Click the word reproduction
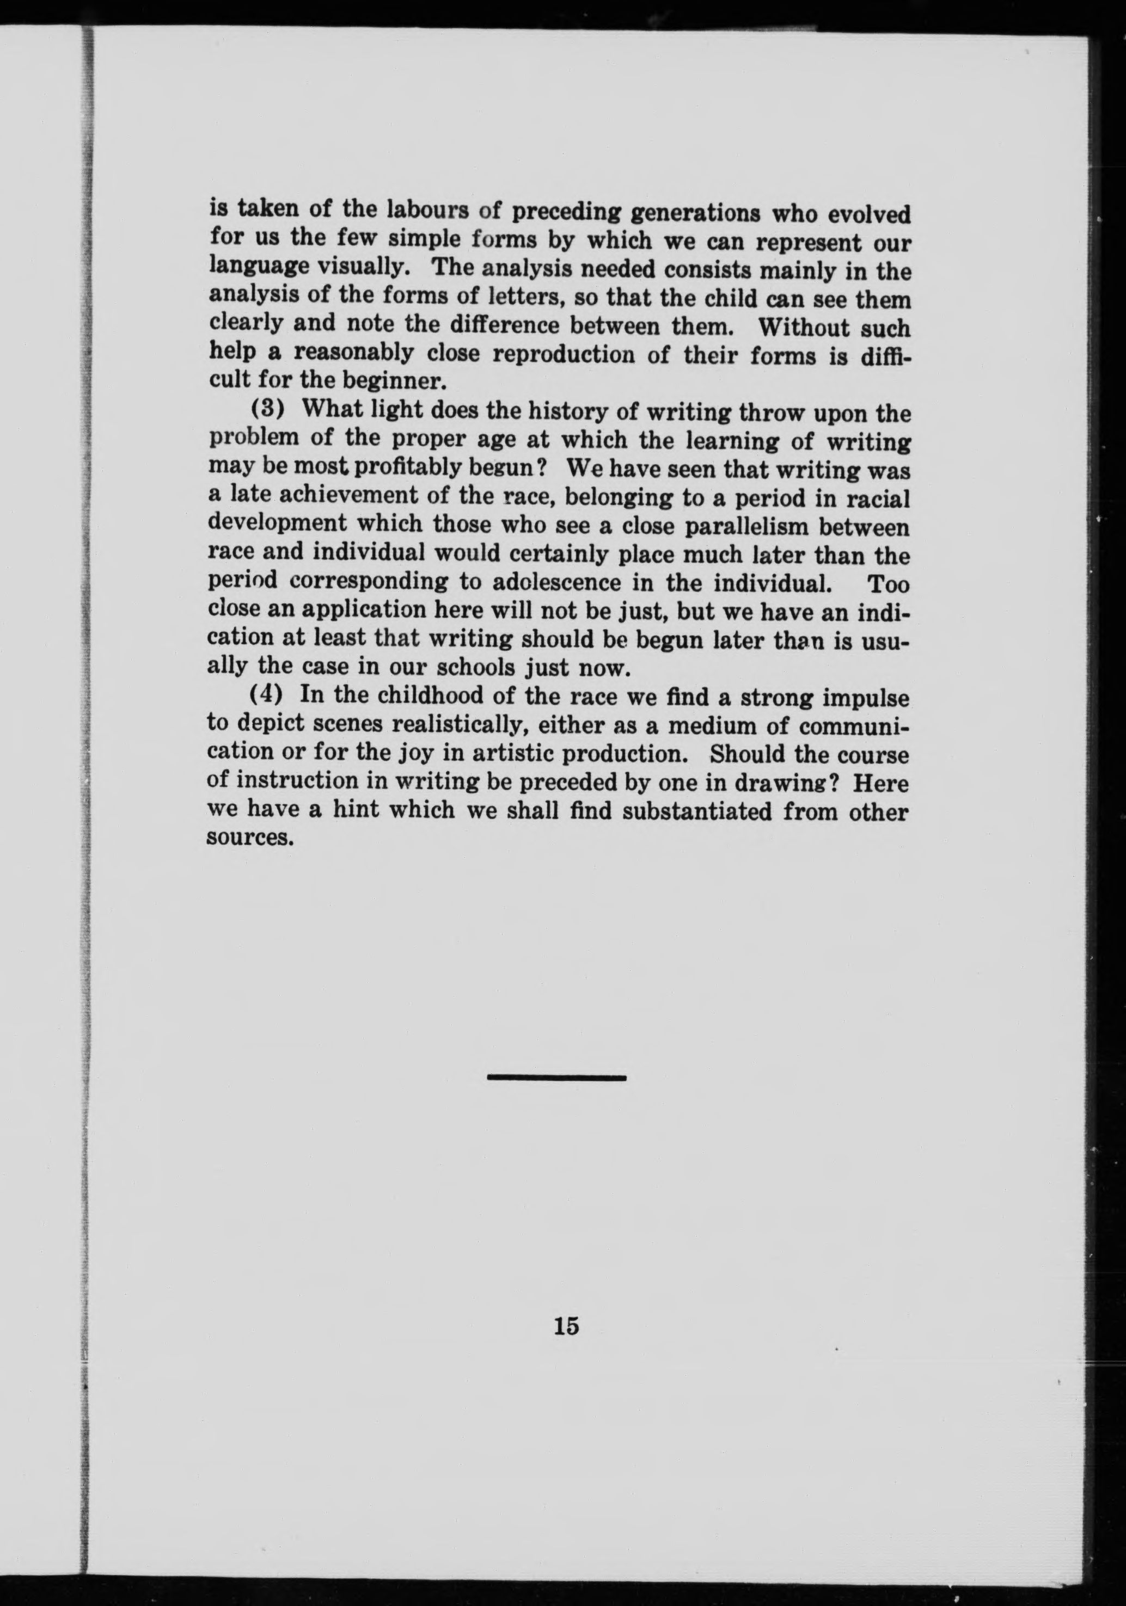point(564,355)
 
